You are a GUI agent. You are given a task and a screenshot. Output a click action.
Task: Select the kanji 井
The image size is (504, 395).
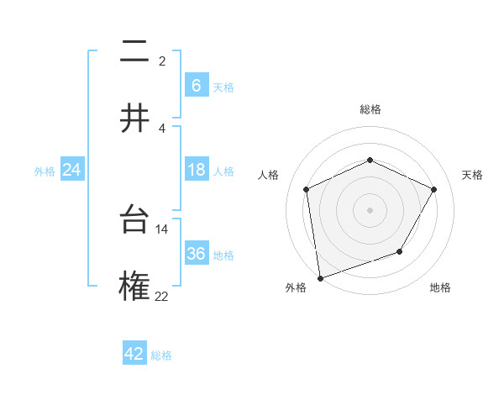[x=134, y=118]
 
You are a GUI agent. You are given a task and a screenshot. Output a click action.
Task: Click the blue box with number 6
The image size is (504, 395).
[x=196, y=85]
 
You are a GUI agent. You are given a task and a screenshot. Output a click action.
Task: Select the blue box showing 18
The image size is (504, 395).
[x=196, y=170]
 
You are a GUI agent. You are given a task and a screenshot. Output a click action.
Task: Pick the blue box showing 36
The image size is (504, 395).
[x=196, y=254]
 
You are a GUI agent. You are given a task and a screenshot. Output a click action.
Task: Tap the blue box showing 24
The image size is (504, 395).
[x=71, y=170]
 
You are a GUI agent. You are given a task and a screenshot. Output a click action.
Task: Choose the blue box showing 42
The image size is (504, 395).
[x=134, y=354]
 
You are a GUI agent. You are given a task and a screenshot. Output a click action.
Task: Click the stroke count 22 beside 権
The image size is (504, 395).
[x=161, y=296]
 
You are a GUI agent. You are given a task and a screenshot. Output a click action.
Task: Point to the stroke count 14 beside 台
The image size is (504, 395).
[x=162, y=229]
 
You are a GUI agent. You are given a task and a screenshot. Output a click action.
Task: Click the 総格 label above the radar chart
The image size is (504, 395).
[x=370, y=109]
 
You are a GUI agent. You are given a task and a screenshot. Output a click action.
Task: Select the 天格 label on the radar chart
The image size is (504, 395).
[x=472, y=175]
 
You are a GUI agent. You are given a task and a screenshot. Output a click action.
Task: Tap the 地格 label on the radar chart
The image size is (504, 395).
[x=440, y=287]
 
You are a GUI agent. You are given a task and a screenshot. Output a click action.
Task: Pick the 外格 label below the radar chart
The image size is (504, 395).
[x=296, y=287]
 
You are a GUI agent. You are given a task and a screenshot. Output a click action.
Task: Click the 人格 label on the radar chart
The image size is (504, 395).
[x=269, y=175]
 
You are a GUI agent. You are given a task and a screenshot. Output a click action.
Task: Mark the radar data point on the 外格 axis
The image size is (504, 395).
[x=320, y=277]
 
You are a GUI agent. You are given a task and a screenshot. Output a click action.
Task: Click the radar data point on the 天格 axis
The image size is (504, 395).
[x=434, y=189]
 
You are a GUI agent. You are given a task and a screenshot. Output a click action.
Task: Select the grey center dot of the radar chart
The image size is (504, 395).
[x=370, y=209]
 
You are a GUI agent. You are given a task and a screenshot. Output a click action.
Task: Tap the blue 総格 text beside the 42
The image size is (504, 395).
[x=161, y=355]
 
